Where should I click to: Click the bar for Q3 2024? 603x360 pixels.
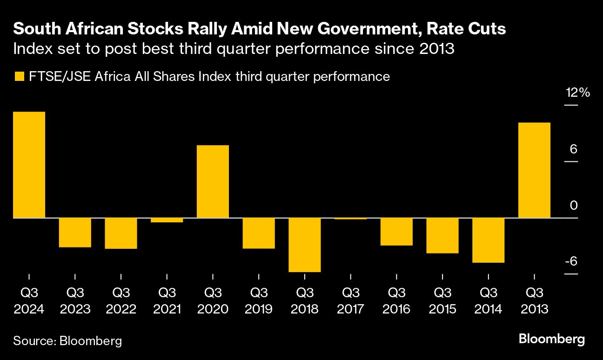(x=29, y=165)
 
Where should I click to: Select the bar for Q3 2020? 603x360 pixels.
(x=213, y=181)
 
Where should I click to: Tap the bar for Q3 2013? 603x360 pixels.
(x=534, y=170)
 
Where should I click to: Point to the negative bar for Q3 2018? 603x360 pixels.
(x=305, y=245)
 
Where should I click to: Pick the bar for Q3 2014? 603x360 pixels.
(x=489, y=240)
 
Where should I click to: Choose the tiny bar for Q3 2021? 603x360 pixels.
(x=167, y=220)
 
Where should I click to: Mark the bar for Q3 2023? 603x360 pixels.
(x=75, y=233)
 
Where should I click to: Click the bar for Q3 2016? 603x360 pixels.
(x=396, y=232)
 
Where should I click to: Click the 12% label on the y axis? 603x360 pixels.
(x=577, y=93)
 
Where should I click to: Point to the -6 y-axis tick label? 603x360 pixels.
(x=570, y=261)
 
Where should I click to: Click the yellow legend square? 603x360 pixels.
(x=19, y=77)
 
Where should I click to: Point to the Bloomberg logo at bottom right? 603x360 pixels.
(x=552, y=339)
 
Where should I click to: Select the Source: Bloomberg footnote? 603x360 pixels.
(x=67, y=341)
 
